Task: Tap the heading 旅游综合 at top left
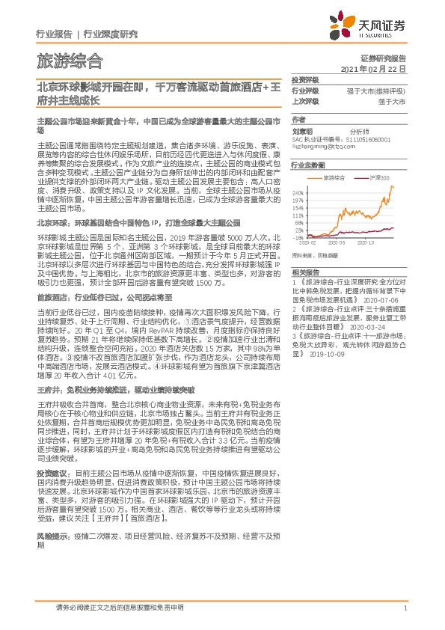[x=70, y=61]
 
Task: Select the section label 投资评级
[x=305, y=79]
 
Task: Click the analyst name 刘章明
[x=302, y=129]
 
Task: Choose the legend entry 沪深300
[x=377, y=177]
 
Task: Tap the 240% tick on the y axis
[x=298, y=192]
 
